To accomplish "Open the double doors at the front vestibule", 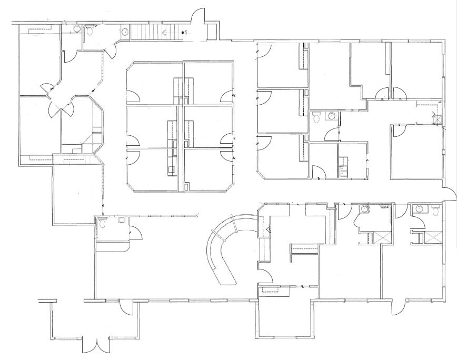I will pyautogui.click(x=96, y=345).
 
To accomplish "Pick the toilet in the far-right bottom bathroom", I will pyautogui.click(x=435, y=211).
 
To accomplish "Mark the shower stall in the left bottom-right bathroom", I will pyautogui.click(x=380, y=236).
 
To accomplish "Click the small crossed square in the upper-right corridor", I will pyautogui.click(x=436, y=117).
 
